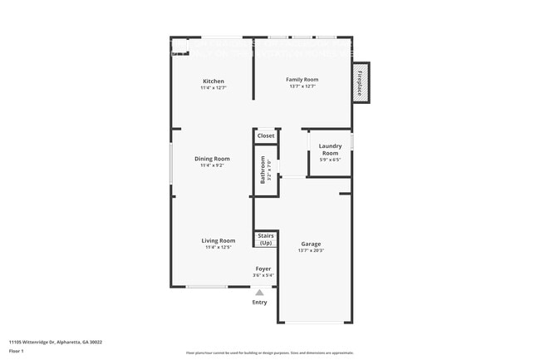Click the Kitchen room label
point(213,81)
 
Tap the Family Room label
point(303,80)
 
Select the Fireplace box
point(361,84)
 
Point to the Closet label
point(266,136)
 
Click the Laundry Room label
point(330,150)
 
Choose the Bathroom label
point(263,169)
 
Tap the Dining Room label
point(213,158)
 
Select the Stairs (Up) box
point(266,239)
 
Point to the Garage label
point(311,244)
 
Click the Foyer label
point(263,269)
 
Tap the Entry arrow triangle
point(260,293)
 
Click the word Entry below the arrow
point(260,302)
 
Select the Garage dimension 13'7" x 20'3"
point(311,250)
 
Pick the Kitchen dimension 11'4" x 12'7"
point(213,87)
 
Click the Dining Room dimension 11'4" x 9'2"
point(213,165)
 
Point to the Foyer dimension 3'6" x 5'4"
point(263,275)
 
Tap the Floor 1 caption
point(17,351)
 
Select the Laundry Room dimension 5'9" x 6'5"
point(330,160)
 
